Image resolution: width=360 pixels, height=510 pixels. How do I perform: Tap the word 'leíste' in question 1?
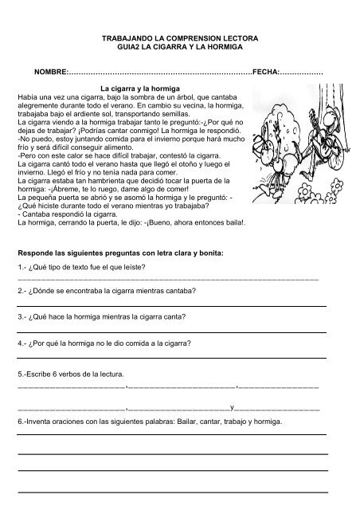coord(128,268)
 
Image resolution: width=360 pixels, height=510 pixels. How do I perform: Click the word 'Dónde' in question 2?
coord(47,291)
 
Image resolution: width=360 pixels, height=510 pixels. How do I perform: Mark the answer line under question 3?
coord(172,331)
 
